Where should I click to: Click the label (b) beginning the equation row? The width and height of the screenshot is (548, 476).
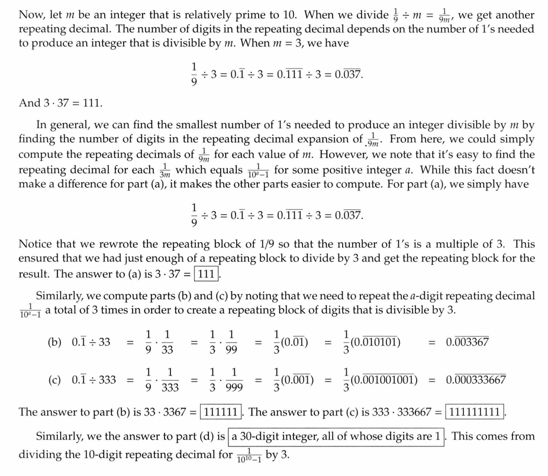coord(56,342)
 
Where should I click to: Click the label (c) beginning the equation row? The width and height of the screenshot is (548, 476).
coord(56,380)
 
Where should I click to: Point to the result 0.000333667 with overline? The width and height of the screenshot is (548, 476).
coord(476,380)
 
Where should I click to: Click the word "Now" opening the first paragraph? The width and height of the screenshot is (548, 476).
coord(32,14)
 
